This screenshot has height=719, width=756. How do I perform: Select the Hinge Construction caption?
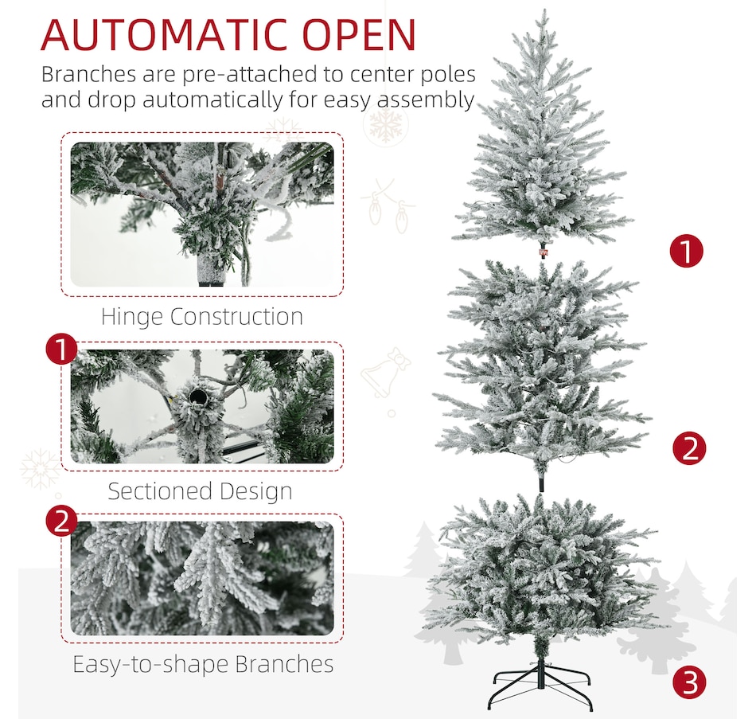point(202,317)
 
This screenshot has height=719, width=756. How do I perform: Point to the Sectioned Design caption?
point(200,490)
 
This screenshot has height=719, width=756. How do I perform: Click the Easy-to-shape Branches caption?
point(203,663)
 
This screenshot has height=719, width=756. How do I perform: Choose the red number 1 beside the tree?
point(686,252)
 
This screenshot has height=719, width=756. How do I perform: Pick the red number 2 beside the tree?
point(689,448)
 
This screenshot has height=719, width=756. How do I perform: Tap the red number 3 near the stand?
point(689,682)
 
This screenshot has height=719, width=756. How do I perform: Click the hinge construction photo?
point(202,214)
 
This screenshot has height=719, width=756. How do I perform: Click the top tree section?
point(544,143)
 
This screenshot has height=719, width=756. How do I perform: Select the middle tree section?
point(541,366)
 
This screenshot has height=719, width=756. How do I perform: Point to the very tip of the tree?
point(543,12)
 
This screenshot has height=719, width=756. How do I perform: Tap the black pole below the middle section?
point(540,483)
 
